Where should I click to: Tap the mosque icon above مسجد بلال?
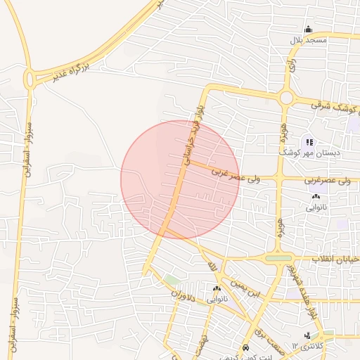308,30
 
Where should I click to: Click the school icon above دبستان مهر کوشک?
309,142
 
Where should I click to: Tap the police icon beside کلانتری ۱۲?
307,336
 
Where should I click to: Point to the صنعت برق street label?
268,338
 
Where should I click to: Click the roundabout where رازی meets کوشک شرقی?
286,98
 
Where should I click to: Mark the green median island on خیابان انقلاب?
278,258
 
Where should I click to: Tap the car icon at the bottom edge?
244,349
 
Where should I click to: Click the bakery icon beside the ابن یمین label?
217,289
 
